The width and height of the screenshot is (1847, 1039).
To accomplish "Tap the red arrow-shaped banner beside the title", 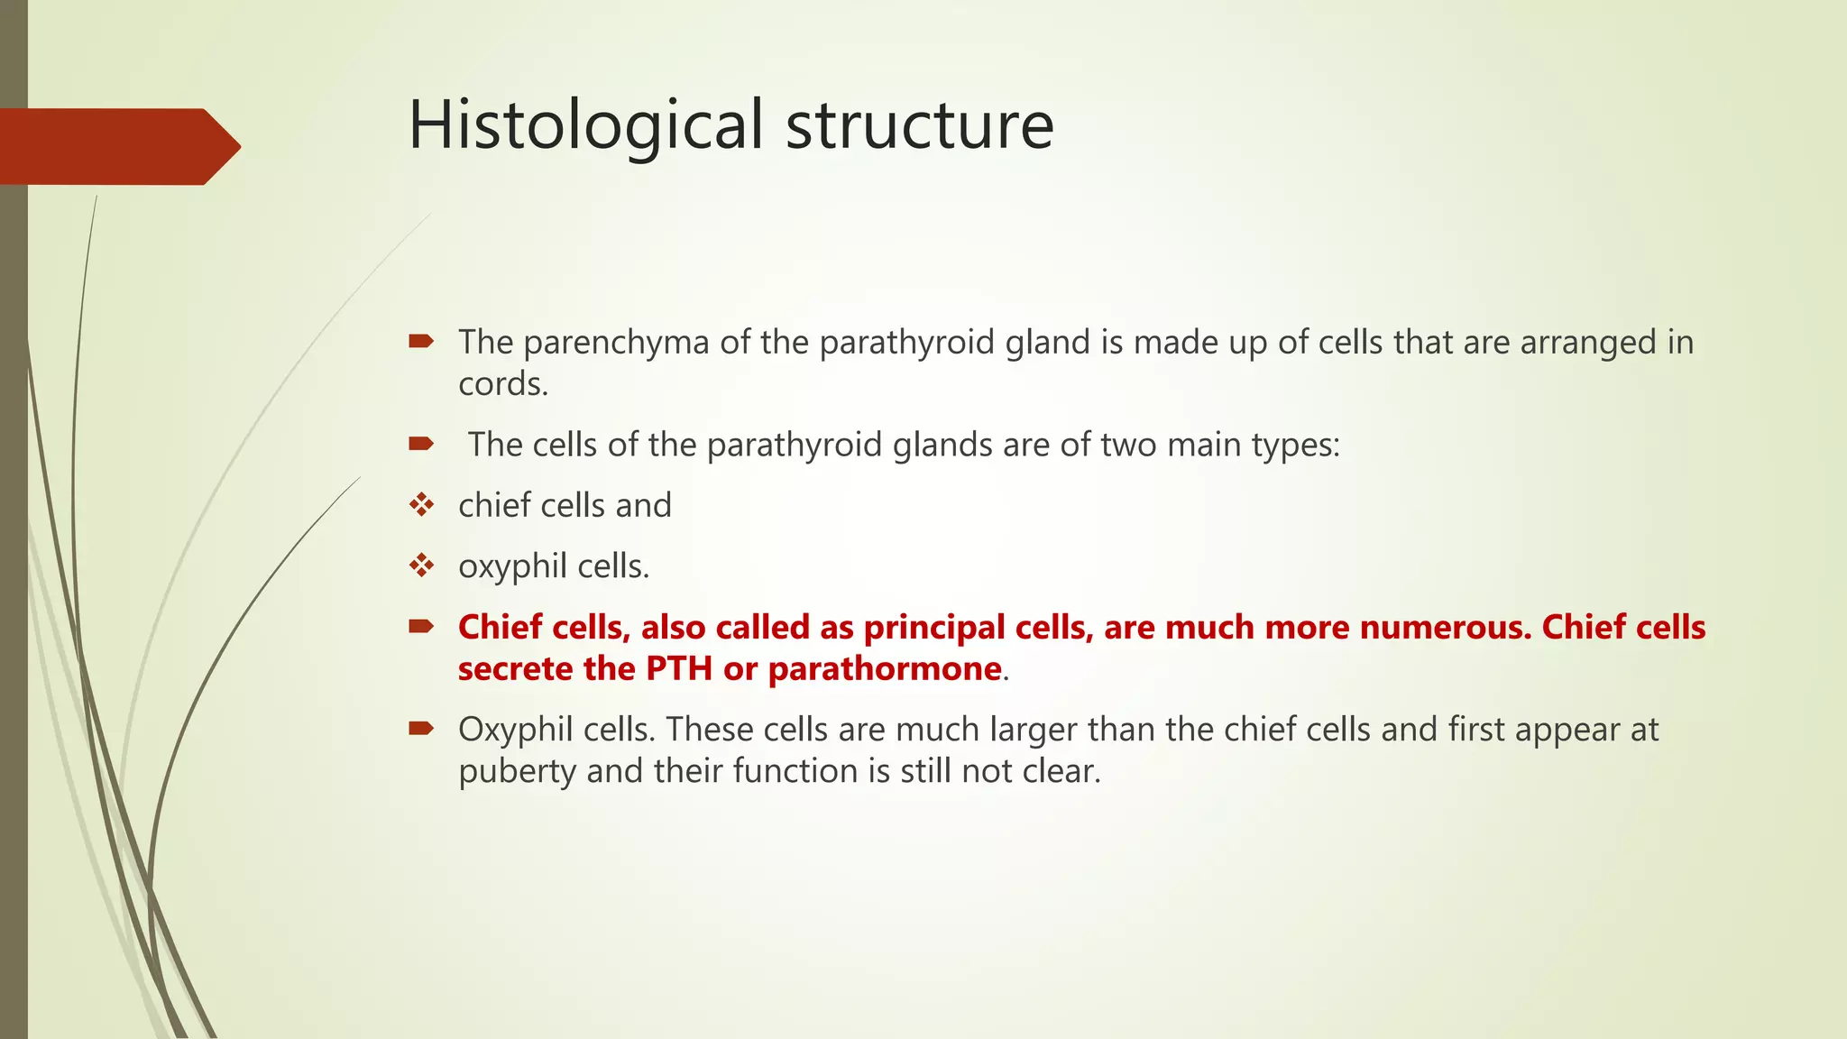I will (x=117, y=146).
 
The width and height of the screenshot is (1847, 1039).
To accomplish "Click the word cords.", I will (x=503, y=384).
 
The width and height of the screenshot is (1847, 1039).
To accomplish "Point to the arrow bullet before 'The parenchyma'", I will (x=421, y=341).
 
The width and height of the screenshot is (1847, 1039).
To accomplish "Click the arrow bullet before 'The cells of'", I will (x=421, y=443).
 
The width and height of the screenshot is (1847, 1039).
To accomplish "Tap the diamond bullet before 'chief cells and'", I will (x=421, y=504).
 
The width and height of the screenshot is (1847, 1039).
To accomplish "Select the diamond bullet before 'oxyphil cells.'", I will (x=421, y=565).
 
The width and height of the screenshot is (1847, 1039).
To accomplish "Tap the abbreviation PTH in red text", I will (x=678, y=668).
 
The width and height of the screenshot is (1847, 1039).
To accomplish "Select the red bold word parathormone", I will (x=885, y=668).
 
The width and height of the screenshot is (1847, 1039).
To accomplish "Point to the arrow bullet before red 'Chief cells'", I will (x=421, y=626).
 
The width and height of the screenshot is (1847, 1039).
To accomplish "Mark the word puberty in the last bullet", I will (x=517, y=771).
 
